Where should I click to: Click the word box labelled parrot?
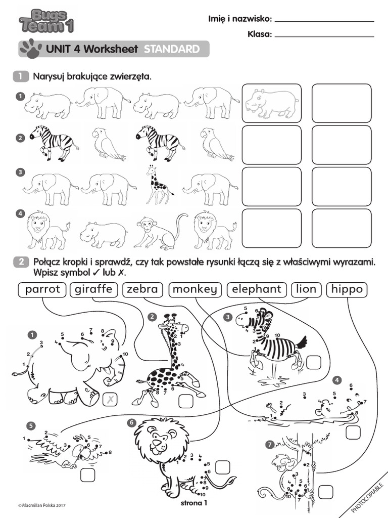coord(42,289)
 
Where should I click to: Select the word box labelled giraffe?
coord(94,289)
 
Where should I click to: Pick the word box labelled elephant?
coord(256,289)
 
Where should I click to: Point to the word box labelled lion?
coord(306,289)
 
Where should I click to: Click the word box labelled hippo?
coord(347,289)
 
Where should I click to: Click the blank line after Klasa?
coord(324,35)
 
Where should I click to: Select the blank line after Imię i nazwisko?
coord(324,20)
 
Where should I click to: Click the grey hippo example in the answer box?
coord(271,102)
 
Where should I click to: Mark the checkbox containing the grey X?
coord(109,400)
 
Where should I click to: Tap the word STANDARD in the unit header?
coord(171,49)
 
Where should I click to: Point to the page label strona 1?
coord(194,503)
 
